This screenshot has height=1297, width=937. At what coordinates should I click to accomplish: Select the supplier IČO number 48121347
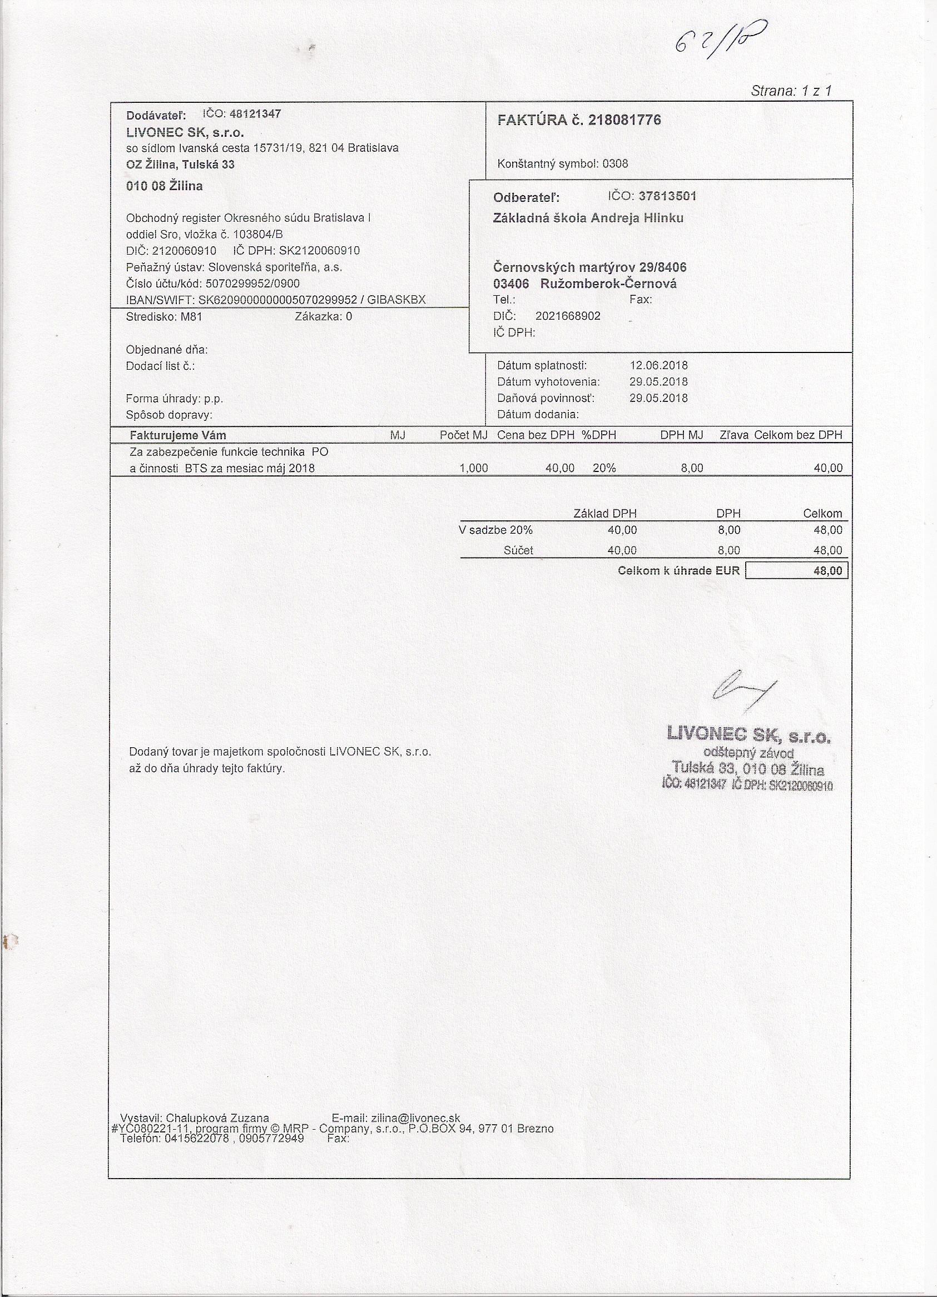click(x=255, y=114)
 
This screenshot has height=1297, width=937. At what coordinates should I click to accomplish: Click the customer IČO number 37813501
click(x=667, y=196)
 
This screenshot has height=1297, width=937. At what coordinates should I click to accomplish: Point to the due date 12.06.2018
click(x=658, y=365)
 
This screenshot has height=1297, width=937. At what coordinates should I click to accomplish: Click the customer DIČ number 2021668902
click(x=567, y=316)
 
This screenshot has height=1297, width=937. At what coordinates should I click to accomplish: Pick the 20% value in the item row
click(x=604, y=468)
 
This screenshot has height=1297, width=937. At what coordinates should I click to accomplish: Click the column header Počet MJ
click(x=463, y=435)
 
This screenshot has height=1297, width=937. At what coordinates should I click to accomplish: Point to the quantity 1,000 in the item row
click(x=474, y=468)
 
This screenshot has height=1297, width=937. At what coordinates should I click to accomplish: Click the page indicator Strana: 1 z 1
click(x=791, y=91)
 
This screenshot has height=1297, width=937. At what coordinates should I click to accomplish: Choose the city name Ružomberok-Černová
click(x=608, y=284)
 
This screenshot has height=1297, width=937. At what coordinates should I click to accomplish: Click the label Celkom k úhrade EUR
click(x=678, y=571)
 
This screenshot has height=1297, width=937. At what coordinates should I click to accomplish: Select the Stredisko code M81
click(x=191, y=316)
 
